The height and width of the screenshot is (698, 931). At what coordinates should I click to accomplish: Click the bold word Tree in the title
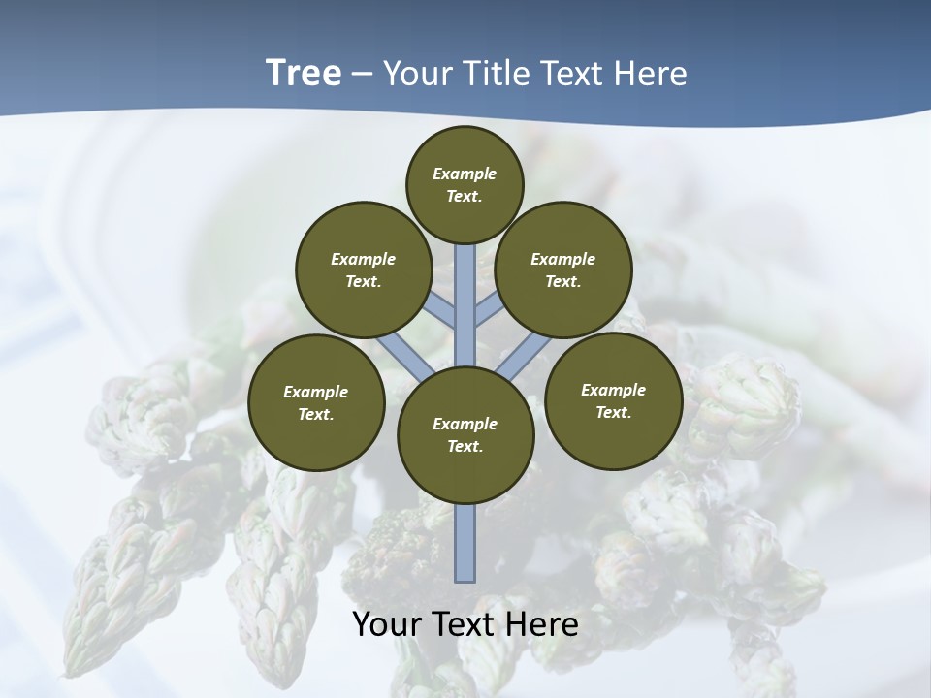coord(304,73)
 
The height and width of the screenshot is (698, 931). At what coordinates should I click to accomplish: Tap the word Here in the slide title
coord(652,73)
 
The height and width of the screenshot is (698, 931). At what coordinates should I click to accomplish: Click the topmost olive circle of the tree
coord(465,184)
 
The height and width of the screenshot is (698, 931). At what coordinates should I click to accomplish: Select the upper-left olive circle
coord(363,270)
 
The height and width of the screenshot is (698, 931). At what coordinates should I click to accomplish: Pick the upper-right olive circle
coord(563,270)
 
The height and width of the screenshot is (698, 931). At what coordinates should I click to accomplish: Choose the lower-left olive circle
coord(316,402)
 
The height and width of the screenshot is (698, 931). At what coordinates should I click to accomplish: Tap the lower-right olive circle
coord(613,400)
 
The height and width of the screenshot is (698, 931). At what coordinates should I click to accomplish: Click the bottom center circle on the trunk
coord(465,434)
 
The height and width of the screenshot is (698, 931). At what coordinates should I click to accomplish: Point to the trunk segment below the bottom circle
coord(465,543)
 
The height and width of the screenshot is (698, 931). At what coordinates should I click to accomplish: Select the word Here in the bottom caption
coord(543,624)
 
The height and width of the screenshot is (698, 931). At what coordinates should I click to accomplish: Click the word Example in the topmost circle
coord(465,174)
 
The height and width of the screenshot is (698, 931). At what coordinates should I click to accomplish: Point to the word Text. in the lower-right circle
coord(613,412)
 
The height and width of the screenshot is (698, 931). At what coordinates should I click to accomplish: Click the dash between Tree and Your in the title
coord(362,74)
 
